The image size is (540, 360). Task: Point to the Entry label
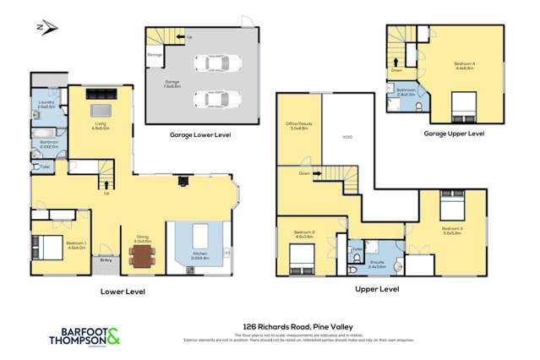[x=106, y=260]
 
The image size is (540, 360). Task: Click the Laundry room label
[x=46, y=105]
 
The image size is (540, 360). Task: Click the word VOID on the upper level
[x=346, y=136]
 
